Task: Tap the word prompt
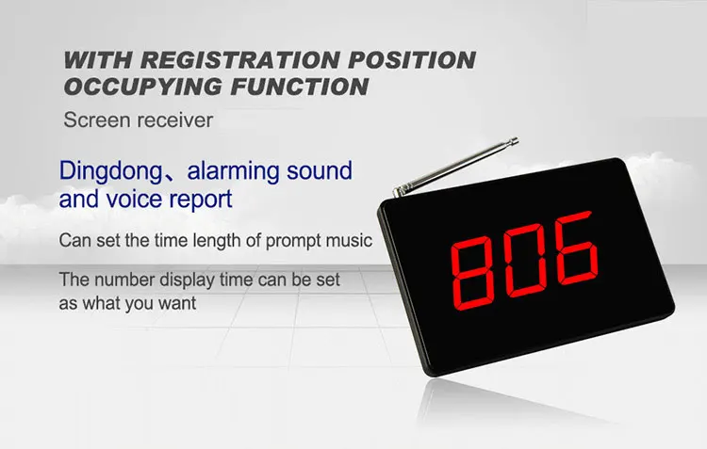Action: [x=288, y=241]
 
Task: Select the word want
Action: [x=174, y=304]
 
